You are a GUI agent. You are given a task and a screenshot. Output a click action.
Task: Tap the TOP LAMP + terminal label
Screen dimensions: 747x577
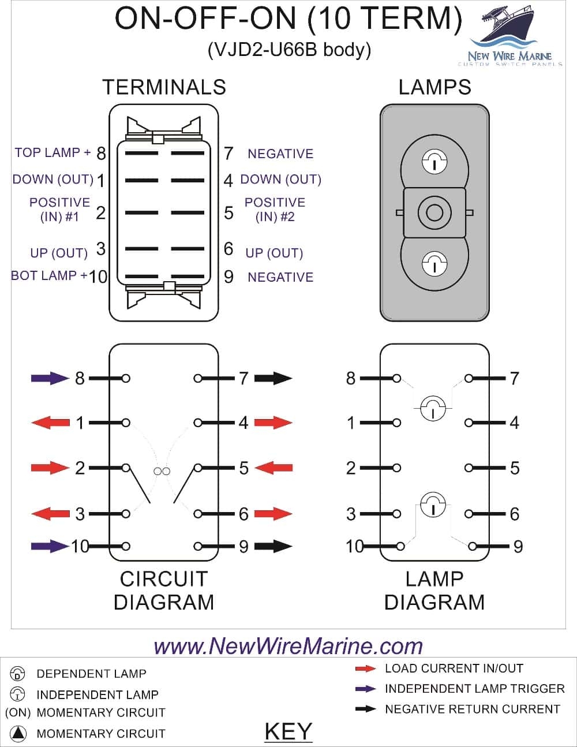tap(53, 152)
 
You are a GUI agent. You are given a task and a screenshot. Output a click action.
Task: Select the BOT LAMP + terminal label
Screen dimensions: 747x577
tap(49, 275)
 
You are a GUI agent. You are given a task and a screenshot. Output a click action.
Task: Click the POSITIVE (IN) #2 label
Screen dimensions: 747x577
tap(275, 210)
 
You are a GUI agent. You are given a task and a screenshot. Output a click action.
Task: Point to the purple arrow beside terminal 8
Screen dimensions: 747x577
tap(50, 379)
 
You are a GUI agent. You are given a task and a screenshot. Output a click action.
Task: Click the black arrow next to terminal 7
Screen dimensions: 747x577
tap(273, 379)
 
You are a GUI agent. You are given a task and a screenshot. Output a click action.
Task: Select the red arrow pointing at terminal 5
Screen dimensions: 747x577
tap(273, 468)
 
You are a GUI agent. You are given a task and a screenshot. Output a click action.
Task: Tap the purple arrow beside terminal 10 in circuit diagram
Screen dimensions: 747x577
tap(50, 546)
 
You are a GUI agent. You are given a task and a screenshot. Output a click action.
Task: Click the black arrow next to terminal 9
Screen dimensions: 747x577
tap(273, 546)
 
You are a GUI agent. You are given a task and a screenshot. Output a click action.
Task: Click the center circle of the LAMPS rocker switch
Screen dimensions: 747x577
tap(434, 212)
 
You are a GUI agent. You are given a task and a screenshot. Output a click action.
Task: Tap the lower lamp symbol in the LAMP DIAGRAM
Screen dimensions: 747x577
tap(433, 506)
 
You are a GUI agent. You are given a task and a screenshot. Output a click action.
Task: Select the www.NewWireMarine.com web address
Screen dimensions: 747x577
tap(288, 645)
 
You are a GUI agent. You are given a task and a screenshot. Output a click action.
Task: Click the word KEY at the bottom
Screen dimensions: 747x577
tap(288, 731)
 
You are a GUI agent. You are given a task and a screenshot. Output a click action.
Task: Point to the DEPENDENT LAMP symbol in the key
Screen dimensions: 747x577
tap(18, 674)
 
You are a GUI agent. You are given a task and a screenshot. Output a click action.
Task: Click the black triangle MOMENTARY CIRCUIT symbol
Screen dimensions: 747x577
tap(18, 734)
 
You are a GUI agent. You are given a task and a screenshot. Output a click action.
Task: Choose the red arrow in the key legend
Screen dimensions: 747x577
tap(365, 669)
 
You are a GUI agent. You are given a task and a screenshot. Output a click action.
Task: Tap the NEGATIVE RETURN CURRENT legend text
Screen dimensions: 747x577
tap(472, 709)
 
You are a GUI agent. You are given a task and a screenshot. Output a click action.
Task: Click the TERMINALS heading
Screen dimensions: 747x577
tap(164, 87)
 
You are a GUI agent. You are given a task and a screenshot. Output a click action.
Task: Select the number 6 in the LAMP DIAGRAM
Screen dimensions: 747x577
tap(514, 514)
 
